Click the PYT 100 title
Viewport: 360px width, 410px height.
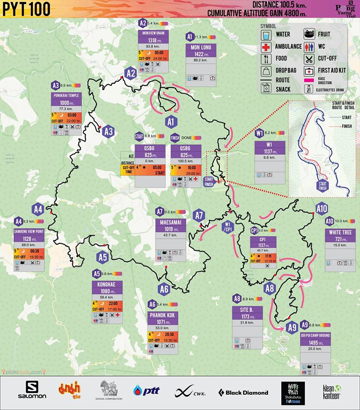coord(26,9)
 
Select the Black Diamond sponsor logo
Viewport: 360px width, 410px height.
coord(243,392)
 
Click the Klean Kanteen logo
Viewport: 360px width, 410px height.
coord(331,392)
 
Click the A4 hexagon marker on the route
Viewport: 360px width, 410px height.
coord(38,209)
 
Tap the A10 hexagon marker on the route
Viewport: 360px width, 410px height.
coord(322,208)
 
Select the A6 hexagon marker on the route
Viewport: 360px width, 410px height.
coord(164,289)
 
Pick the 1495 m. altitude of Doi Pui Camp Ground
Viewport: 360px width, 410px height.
coord(315,343)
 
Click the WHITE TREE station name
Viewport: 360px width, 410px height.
coord(340,232)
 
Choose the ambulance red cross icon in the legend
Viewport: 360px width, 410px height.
coord(266,46)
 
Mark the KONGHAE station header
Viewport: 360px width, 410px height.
coord(107,284)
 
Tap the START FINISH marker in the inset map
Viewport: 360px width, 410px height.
coord(322,186)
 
